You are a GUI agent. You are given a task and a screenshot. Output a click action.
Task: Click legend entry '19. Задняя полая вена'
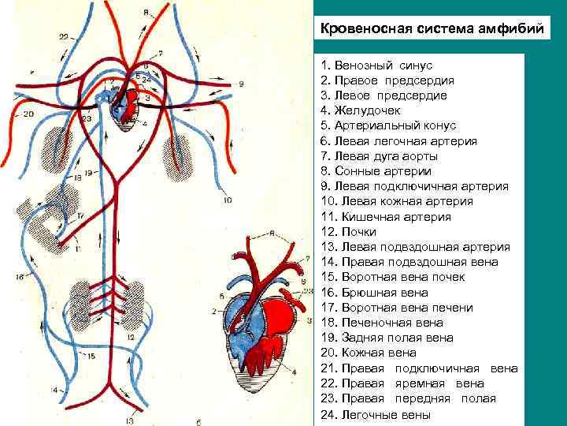pos(387,338)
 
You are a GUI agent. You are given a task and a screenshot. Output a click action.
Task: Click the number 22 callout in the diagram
pos(63,36)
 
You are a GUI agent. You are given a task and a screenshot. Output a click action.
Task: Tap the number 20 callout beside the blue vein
pos(28,114)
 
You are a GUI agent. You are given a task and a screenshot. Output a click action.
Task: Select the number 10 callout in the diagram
pos(227,200)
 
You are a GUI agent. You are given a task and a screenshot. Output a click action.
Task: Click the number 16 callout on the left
pos(19,277)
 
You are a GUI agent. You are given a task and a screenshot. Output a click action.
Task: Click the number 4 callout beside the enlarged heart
pos(294,372)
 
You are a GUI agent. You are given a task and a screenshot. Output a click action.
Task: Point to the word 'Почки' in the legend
pos(359,232)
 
